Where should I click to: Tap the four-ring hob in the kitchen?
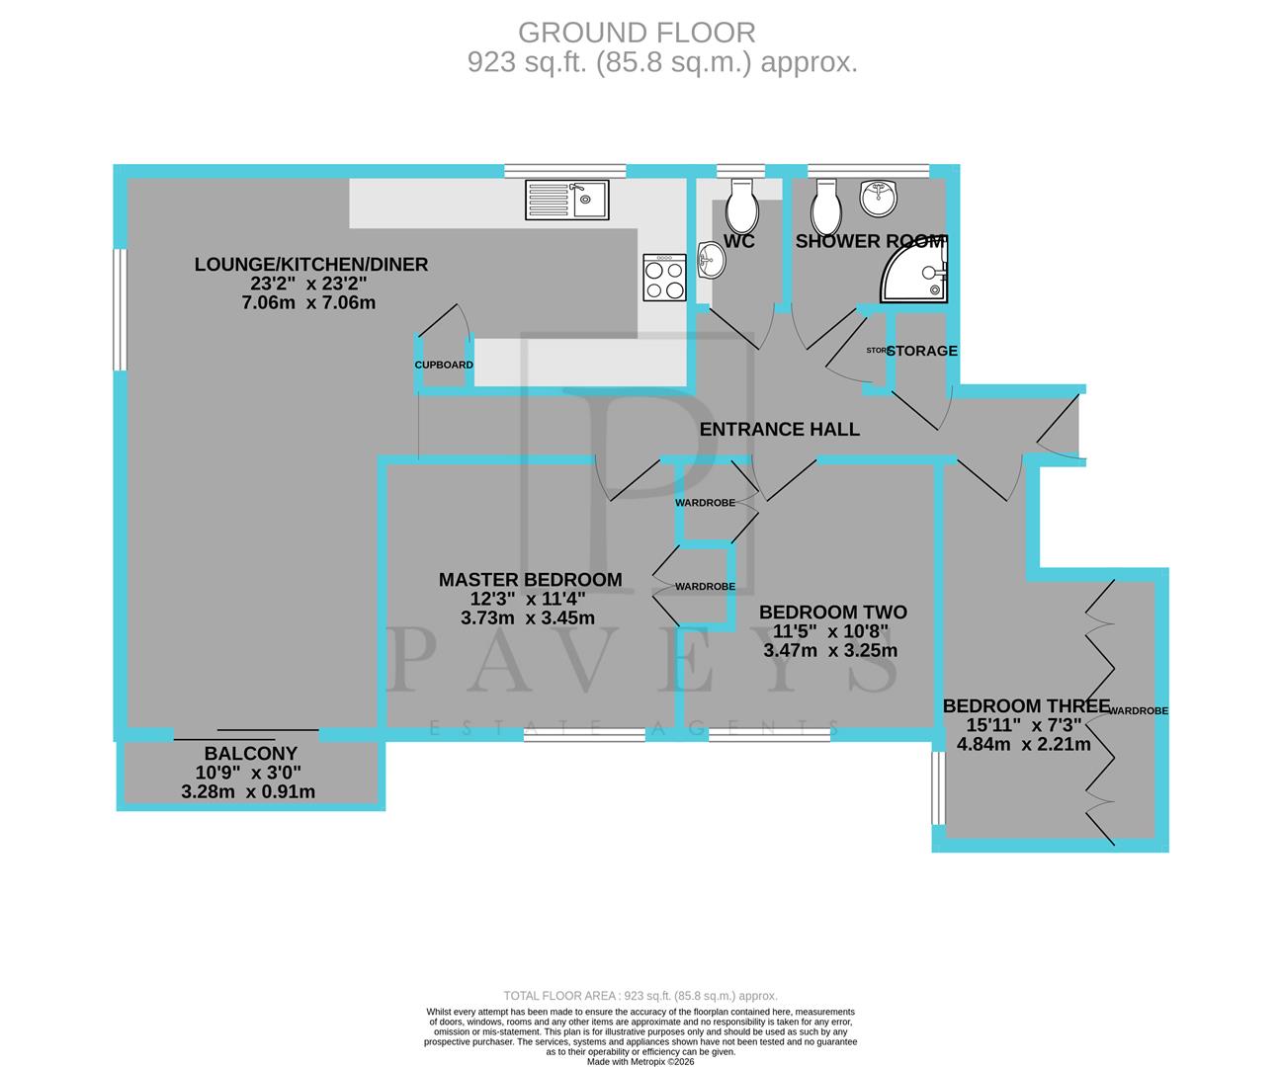(664, 278)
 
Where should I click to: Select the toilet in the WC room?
(740, 204)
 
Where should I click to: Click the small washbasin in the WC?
(710, 261)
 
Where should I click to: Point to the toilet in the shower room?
(825, 205)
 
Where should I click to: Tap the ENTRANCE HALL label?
(779, 429)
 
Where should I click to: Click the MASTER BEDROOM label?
(530, 580)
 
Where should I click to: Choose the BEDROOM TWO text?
(832, 613)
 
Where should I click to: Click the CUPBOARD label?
(444, 365)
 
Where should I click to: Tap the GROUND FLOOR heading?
(637, 33)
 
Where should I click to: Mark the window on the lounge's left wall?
(118, 309)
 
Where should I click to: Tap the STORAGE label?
(922, 351)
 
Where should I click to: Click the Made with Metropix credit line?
(640, 1062)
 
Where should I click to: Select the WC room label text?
(739, 242)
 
